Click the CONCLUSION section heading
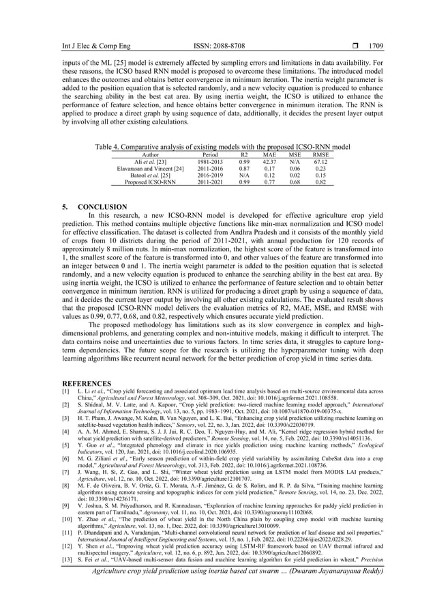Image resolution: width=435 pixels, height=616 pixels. [x=102, y=206]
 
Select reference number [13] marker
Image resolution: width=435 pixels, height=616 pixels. [x=67, y=547]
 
